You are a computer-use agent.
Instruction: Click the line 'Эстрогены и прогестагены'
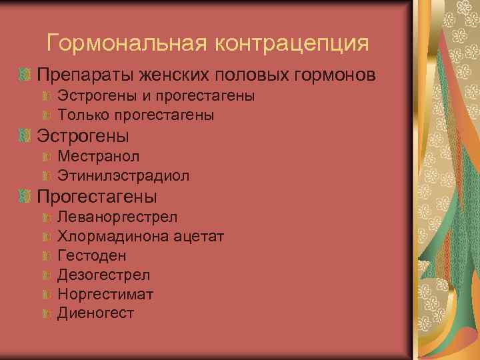coord(156,96)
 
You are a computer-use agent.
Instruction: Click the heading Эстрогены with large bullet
coord(83,136)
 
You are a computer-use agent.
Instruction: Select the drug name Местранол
coord(99,157)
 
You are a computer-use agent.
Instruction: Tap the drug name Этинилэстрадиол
coord(123,176)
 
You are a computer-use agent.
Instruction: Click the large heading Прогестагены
coord(97,197)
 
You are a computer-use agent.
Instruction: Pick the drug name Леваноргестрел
coord(117,217)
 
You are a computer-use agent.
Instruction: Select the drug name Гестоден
coord(92,255)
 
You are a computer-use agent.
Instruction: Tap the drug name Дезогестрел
coord(104,275)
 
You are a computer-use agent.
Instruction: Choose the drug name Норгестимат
coord(105,294)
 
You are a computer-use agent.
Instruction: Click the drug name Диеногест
coord(96,313)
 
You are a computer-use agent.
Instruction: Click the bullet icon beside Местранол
coord(46,157)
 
